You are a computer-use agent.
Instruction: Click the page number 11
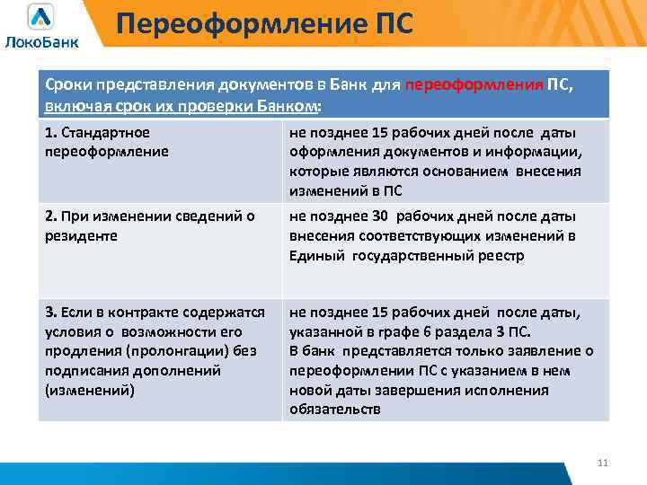(x=603, y=463)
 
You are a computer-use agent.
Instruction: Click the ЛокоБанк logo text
(x=41, y=41)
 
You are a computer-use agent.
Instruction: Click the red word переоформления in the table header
(x=474, y=85)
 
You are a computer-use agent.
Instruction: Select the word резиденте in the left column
(x=76, y=235)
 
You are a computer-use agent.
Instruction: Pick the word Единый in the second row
(x=311, y=255)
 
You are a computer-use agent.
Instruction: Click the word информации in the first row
(x=545, y=151)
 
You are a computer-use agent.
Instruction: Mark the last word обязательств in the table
(x=335, y=410)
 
